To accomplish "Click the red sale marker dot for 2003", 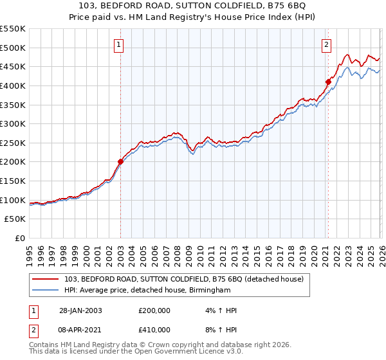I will click(x=120, y=162).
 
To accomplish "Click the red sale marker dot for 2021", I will click(x=327, y=82).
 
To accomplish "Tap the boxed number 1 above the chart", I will click(x=120, y=44).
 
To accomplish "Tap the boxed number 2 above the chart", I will click(x=327, y=44).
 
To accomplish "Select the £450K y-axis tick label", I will click(x=13, y=66).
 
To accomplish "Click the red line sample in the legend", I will click(x=47, y=278).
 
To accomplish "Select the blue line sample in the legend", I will click(x=47, y=290).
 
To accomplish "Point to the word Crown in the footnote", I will click(x=177, y=345).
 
